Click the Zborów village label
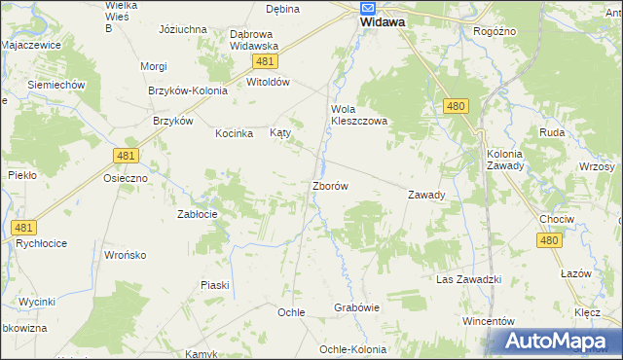tap(330, 185)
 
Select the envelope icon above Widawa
tap(368, 6)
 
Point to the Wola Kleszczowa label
tap(359, 115)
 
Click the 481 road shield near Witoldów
tap(265, 61)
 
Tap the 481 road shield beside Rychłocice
tap(24, 228)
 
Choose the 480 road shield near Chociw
tap(550, 240)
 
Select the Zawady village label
tap(426, 195)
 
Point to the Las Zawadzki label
tap(468, 279)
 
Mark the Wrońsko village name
tap(125, 255)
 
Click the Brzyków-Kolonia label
tap(188, 90)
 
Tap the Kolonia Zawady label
tap(505, 160)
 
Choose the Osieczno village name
tap(126, 179)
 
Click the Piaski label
tap(214, 285)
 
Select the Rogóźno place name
tap(495, 31)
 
